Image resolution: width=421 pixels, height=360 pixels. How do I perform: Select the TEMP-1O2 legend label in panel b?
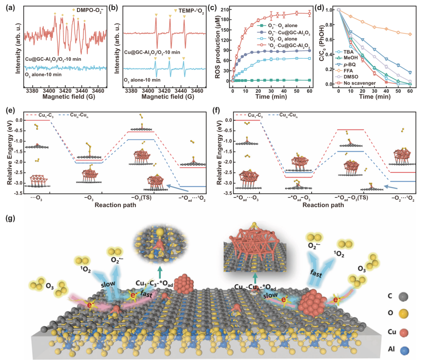point(191,11)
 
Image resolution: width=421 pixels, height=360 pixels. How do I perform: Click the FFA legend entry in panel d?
point(348,71)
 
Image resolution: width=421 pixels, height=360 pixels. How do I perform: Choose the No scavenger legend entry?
point(359,83)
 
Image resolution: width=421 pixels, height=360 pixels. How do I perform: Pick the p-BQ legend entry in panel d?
point(349,64)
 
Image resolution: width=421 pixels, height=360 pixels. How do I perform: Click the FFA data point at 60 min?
point(410,34)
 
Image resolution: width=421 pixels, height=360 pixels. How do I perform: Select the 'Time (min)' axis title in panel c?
point(271,97)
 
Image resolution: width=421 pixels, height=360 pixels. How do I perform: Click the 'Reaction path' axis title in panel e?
point(115,205)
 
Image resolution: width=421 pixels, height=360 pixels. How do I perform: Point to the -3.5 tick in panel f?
point(228,193)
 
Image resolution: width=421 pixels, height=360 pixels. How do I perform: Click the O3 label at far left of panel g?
point(50,286)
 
